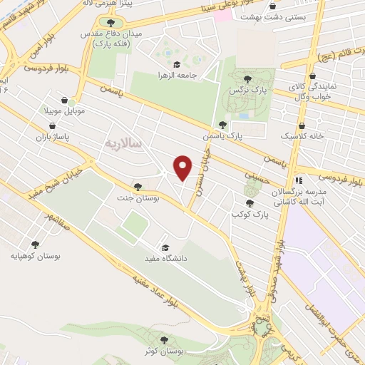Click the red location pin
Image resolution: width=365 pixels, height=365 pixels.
tap(183, 168)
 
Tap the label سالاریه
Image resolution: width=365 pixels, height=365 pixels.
tap(123, 143)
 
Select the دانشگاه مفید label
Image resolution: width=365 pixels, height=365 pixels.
tap(165, 257)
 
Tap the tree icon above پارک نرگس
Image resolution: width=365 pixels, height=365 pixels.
tap(247, 79)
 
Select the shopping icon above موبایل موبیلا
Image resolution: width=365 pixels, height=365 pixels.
tap(64, 102)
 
